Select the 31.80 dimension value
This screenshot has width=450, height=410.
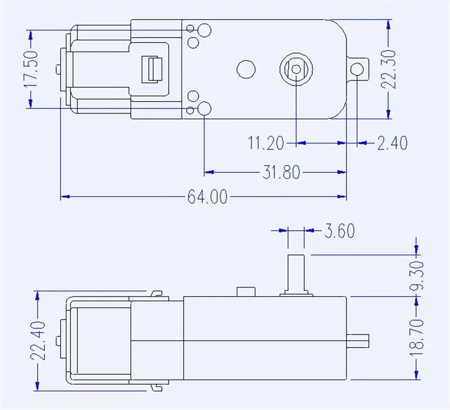coord(281,172)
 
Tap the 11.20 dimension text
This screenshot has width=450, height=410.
coord(266,143)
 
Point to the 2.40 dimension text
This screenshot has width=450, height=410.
coord(392,143)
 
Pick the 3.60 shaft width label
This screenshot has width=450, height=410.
coord(339,231)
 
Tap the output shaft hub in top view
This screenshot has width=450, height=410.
coord(296,69)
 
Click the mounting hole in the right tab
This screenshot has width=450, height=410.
coord(357,69)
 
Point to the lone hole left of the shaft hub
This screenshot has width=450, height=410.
coord(246,69)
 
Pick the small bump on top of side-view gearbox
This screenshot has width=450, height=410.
coord(245,292)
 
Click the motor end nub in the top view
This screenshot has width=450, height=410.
coord(58,69)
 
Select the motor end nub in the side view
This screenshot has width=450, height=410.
coord(58,341)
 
